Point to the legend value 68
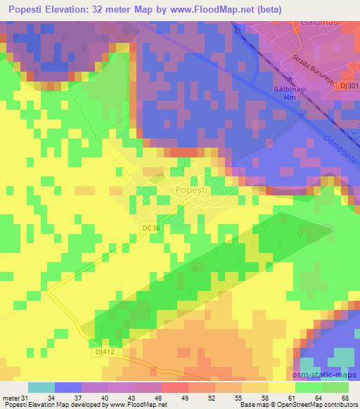pos(345,398)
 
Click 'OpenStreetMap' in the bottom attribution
pos(292,405)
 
